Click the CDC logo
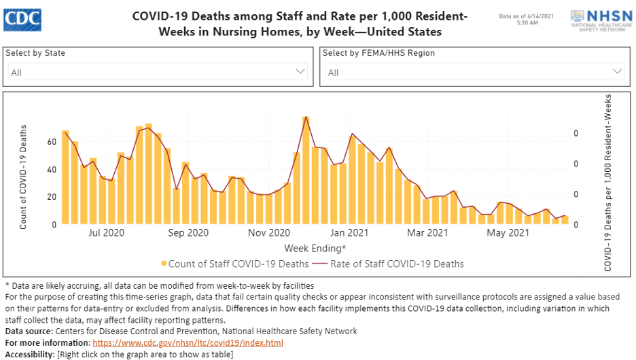tap(22, 20)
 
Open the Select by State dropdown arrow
tap(300, 71)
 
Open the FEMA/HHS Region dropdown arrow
tap(618, 71)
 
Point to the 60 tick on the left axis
tap(52, 142)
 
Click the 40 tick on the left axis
tap(52, 170)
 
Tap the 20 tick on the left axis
tap(52, 197)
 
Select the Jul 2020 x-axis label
tap(107, 234)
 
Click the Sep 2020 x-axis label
tap(188, 234)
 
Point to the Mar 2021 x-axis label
tap(427, 234)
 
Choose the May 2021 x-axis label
tap(509, 234)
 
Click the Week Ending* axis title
tap(315, 248)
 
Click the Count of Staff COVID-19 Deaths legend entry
tap(235, 264)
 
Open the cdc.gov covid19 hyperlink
tap(188, 343)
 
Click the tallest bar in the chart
tap(306, 170)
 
